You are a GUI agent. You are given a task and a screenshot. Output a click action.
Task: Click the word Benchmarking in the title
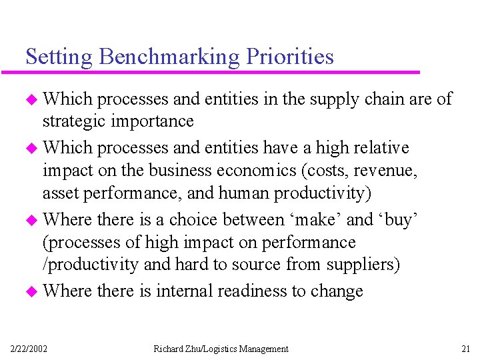point(169,57)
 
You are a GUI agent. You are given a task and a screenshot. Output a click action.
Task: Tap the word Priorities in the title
point(290,57)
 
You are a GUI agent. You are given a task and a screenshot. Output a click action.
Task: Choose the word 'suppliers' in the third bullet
point(362,265)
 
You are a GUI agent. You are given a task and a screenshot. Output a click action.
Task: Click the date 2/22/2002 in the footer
point(29,349)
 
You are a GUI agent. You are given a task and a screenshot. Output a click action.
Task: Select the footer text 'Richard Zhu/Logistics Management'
point(221,349)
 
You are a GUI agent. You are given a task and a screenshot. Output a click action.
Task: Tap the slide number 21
point(465,349)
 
